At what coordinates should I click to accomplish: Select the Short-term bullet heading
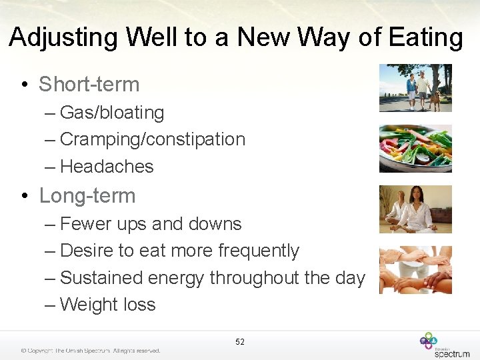(89, 85)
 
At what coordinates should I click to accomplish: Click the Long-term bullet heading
(87, 196)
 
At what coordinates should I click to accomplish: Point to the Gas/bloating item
(111, 113)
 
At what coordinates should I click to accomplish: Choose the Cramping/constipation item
(152, 139)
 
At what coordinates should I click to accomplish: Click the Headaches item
(107, 167)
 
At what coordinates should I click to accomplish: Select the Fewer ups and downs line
(151, 224)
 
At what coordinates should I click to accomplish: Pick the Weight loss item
(107, 305)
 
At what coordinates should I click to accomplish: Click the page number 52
(240, 342)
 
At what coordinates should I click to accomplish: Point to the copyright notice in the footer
(90, 351)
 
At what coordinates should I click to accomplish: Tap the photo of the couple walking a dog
(415, 88)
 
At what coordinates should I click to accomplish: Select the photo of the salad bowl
(415, 148)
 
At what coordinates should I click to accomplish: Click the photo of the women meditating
(415, 209)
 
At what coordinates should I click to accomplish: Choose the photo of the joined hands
(415, 270)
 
